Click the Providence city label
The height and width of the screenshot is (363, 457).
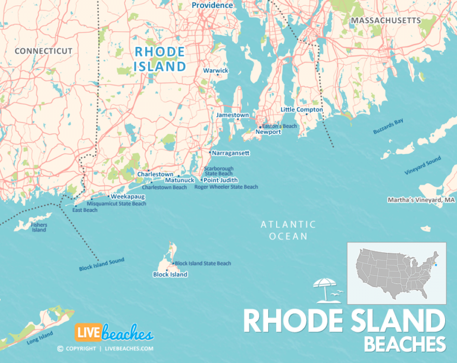(x=212, y=5)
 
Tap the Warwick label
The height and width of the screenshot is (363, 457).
(x=215, y=70)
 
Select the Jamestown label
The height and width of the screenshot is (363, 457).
(x=232, y=114)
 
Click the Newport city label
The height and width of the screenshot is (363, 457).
(x=268, y=132)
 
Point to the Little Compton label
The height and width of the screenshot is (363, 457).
(x=302, y=109)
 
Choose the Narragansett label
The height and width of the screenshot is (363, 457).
(x=230, y=153)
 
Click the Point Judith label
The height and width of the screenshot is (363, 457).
(x=221, y=180)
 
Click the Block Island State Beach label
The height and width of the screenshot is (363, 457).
(x=203, y=263)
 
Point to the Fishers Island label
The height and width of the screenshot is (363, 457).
(x=39, y=227)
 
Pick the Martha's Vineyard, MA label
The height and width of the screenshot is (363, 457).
(x=421, y=200)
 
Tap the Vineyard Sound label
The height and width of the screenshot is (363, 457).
(x=423, y=166)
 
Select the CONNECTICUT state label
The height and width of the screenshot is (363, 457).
(x=43, y=51)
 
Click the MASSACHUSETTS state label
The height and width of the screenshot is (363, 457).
(x=386, y=20)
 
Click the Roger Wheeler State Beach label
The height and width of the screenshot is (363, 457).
(x=226, y=187)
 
